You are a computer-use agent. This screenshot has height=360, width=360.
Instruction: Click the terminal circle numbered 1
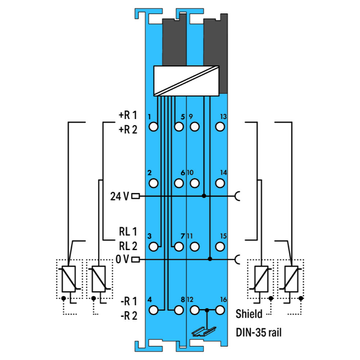point(154,127)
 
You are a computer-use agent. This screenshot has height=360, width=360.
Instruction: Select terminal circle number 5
point(179,127)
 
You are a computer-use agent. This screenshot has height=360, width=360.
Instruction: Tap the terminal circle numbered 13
point(220,127)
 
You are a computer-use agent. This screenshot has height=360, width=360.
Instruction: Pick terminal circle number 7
point(179,247)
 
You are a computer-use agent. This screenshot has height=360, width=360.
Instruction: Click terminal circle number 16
point(220,310)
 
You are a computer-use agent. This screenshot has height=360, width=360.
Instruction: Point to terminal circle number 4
point(154,310)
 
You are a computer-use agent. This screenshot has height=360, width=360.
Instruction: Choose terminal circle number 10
point(194,183)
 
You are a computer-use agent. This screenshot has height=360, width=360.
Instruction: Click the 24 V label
point(119,196)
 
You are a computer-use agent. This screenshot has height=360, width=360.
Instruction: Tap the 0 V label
point(122,260)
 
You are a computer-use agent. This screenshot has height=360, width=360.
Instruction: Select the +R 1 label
point(128,115)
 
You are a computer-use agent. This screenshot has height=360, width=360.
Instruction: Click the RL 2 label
point(128,246)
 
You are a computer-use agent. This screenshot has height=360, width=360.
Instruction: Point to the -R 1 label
point(128,301)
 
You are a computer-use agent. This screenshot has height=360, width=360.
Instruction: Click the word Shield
point(249,314)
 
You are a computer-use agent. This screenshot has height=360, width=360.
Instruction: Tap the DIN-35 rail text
point(258,332)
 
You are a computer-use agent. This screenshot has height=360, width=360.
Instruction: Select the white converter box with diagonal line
point(185,80)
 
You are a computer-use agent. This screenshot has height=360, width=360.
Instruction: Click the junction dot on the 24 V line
point(204,196)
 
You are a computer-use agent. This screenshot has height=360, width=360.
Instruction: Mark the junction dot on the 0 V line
point(210,259)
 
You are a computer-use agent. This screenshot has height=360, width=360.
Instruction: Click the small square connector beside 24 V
point(135,196)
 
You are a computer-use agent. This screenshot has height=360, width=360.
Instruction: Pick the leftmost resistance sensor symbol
point(69,279)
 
